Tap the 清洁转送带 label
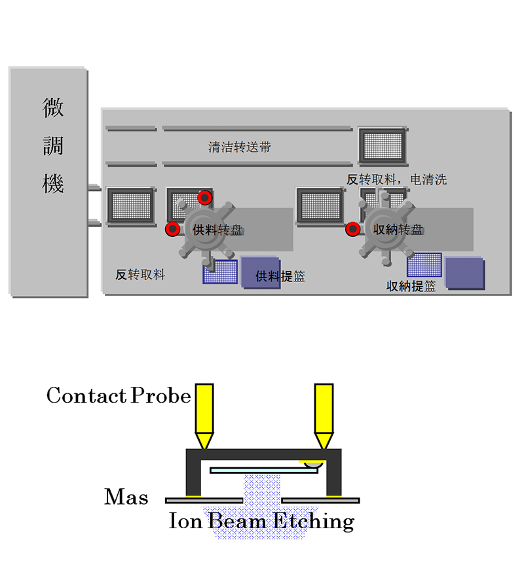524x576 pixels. click(239, 147)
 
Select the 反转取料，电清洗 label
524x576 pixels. click(397, 179)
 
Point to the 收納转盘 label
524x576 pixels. click(397, 230)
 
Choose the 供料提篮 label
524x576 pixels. click(280, 276)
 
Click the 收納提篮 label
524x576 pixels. click(411, 286)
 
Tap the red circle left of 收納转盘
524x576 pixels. click(353, 228)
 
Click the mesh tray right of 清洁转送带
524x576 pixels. click(383, 145)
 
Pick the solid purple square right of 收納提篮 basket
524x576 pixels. click(465, 272)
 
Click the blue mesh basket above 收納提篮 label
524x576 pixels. click(424, 264)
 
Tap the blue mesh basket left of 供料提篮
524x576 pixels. click(220, 272)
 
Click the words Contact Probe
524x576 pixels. click(119, 395)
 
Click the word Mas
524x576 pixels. click(126, 497)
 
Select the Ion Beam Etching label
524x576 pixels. click(261, 521)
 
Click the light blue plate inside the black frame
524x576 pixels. click(263, 470)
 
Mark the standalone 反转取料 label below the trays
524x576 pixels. click(140, 275)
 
